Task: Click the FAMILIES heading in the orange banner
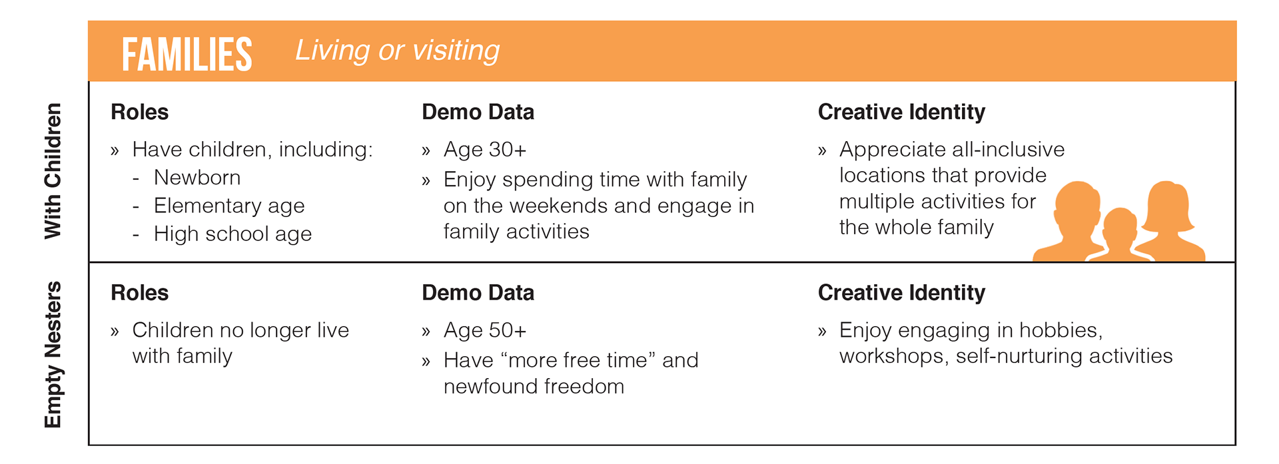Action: pyautogui.click(x=187, y=54)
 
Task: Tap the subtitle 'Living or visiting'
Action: pyautogui.click(x=398, y=51)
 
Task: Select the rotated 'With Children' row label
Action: pyautogui.click(x=53, y=171)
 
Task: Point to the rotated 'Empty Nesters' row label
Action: pyautogui.click(x=53, y=355)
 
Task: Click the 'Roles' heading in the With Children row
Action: pyautogui.click(x=139, y=112)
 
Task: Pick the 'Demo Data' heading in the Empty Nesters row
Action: pyautogui.click(x=478, y=292)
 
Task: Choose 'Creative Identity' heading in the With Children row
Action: pyautogui.click(x=901, y=112)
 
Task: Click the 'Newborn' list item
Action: pyautogui.click(x=197, y=178)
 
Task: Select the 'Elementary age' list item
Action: pyautogui.click(x=229, y=206)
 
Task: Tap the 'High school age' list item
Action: pyautogui.click(x=232, y=234)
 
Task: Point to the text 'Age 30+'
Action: pyautogui.click(x=485, y=150)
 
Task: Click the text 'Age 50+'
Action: pyautogui.click(x=485, y=330)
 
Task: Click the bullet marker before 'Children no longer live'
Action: pyautogui.click(x=115, y=332)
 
